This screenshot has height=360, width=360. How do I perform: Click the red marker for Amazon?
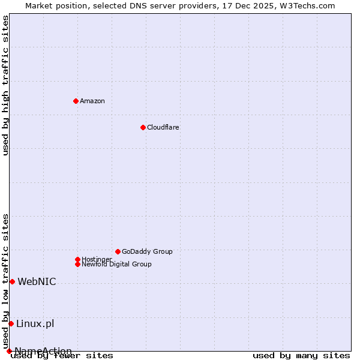point(76,101)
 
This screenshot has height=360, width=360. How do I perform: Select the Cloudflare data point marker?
point(143,127)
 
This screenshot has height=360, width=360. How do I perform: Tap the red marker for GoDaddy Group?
point(118,251)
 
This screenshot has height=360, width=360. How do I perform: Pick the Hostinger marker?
point(77,259)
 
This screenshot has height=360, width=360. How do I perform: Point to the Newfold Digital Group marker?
point(77,264)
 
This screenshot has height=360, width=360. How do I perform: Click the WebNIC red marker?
point(12,281)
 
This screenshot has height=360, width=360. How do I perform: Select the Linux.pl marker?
point(11,324)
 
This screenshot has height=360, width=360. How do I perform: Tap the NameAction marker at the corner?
point(9,351)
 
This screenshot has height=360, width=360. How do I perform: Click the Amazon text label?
point(92,101)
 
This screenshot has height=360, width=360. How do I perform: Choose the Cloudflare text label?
point(163,127)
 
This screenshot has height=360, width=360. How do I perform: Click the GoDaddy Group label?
point(147,251)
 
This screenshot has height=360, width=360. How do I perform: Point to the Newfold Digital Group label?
point(117,265)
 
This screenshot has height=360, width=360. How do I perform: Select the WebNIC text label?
point(37,282)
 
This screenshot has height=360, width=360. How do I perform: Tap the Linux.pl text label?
point(35,324)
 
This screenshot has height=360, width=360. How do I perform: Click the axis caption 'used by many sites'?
point(301,356)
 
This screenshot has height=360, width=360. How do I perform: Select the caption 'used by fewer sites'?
point(62,356)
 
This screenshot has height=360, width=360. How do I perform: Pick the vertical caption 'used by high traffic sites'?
point(5,85)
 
